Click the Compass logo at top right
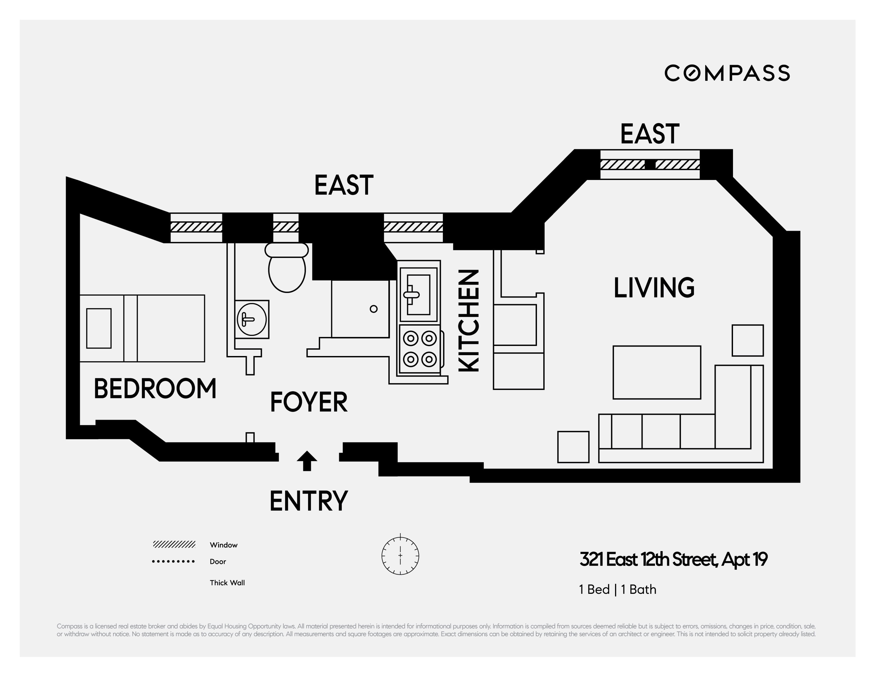click(x=727, y=73)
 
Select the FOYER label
click(x=309, y=402)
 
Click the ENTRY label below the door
click(x=309, y=501)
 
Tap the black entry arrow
click(x=307, y=461)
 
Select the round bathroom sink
click(x=252, y=319)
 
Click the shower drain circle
click(x=374, y=309)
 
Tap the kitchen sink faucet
click(x=411, y=294)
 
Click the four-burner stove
click(x=420, y=349)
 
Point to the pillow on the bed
click(x=99, y=328)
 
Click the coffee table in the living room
click(x=657, y=372)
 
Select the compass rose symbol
click(x=400, y=556)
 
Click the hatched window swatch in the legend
click(x=174, y=544)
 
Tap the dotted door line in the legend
click(x=174, y=561)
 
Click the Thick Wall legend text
click(x=227, y=583)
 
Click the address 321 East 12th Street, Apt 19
click(x=673, y=560)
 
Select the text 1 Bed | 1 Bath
click(x=618, y=590)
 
